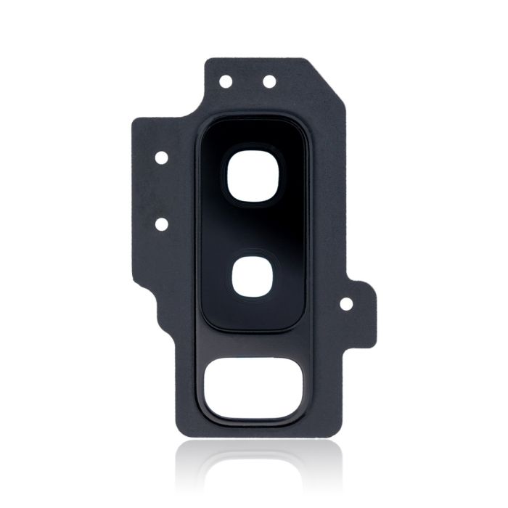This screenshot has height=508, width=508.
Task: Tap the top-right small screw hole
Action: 269,81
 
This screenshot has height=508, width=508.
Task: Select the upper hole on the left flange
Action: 161,156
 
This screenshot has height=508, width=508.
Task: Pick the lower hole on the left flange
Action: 161,224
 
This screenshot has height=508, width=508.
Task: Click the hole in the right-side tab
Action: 346,304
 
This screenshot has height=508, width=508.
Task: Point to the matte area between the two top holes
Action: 247,81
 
